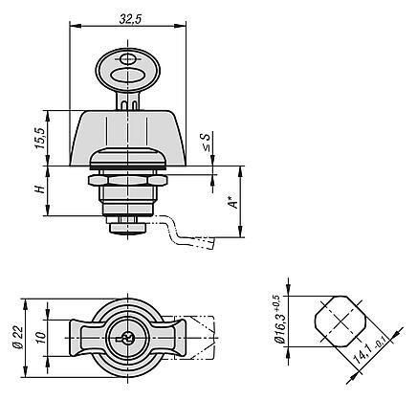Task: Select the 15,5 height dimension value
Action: coord(39,139)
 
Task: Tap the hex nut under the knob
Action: coord(126,180)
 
